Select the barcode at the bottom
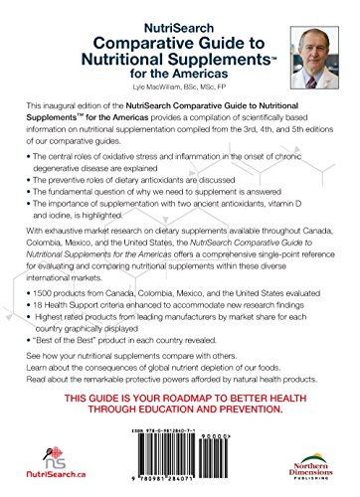tap(183, 467)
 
